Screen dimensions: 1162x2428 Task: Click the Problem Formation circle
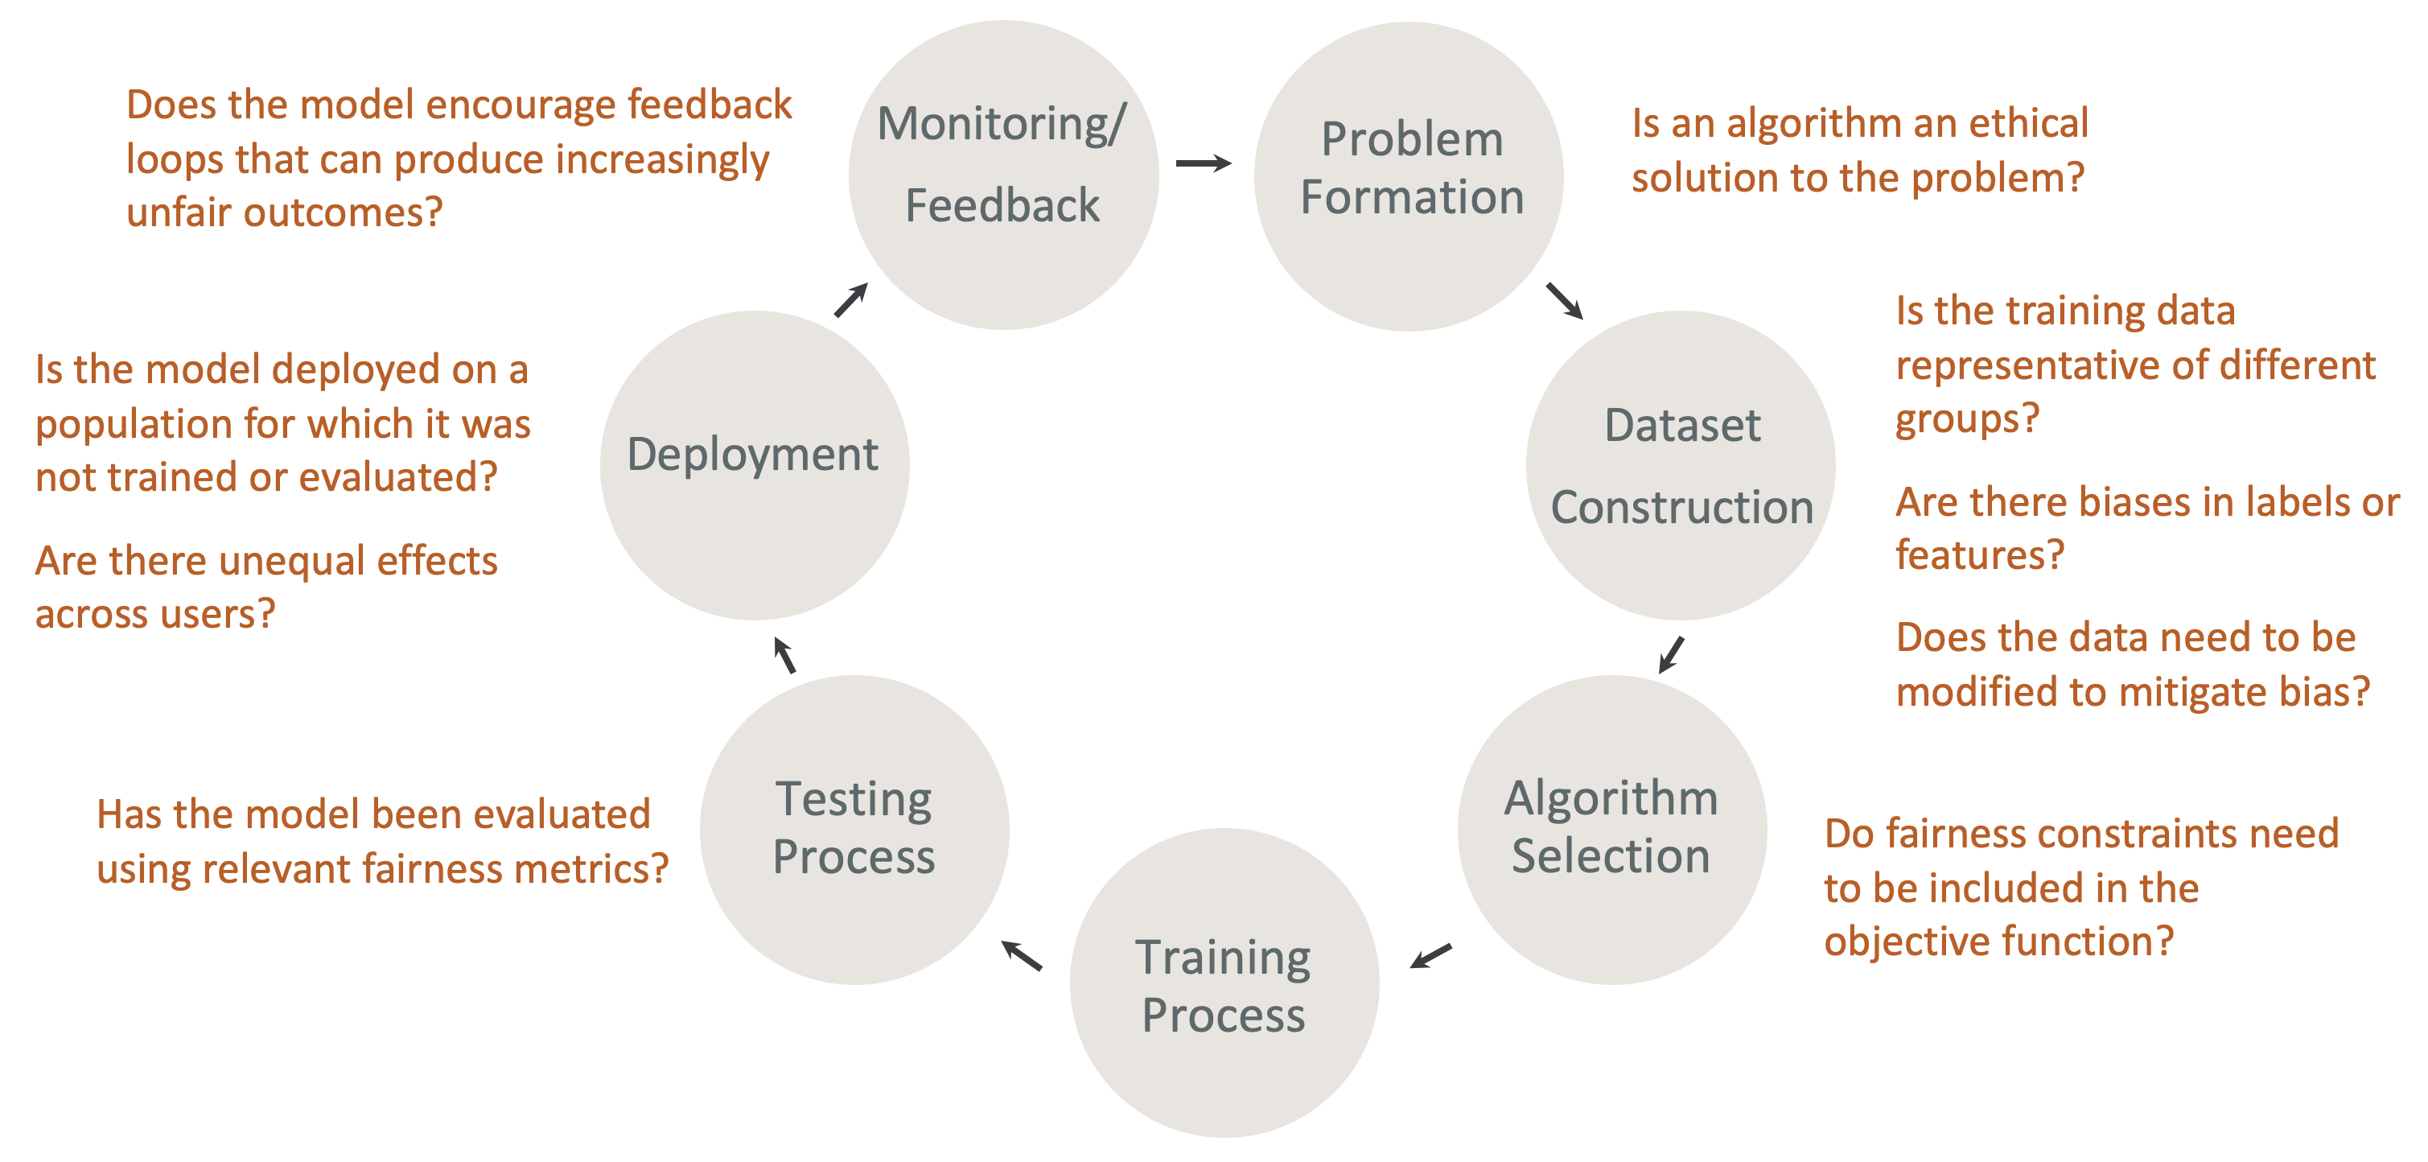[x=1409, y=176]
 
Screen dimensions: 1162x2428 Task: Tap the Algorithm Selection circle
[x=1611, y=830]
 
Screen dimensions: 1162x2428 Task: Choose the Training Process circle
[x=1224, y=983]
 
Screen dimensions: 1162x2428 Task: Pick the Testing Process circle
[x=854, y=830]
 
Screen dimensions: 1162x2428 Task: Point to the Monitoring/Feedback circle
[x=1003, y=175]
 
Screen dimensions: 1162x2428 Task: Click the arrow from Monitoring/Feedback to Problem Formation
[x=1204, y=163]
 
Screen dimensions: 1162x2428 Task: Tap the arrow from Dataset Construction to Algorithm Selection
[x=1671, y=654]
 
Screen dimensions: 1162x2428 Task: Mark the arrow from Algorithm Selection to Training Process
[x=1430, y=956]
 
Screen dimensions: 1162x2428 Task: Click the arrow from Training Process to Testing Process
[x=1022, y=956]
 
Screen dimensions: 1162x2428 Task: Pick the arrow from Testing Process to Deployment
[x=784, y=655]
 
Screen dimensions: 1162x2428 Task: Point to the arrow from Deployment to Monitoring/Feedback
[x=851, y=299]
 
